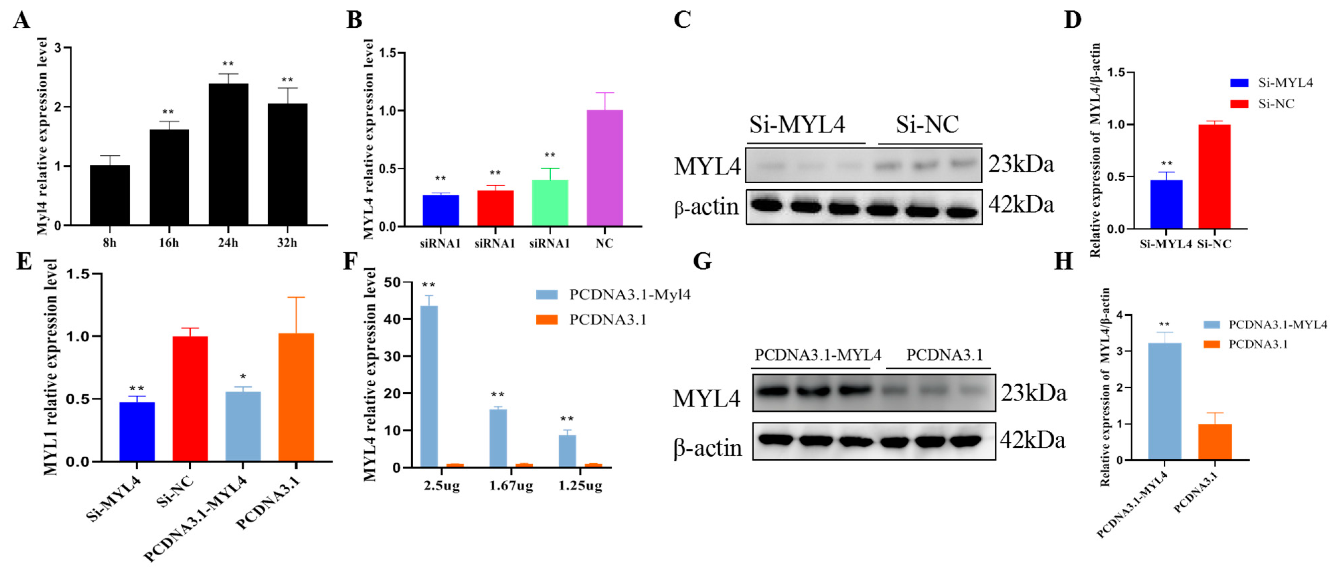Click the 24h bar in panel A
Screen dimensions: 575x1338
point(228,154)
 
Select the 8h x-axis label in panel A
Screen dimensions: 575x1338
point(110,243)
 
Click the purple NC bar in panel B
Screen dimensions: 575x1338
point(605,168)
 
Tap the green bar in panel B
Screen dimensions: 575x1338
point(550,203)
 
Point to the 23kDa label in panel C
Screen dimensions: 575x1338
point(1020,164)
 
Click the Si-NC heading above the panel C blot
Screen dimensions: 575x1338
point(927,125)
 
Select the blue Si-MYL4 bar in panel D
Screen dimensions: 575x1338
point(1166,204)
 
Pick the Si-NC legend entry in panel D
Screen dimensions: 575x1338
point(1275,104)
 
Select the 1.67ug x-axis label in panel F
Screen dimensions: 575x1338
point(511,486)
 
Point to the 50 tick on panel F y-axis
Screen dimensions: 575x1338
point(393,282)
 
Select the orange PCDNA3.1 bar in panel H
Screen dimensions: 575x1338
point(1215,442)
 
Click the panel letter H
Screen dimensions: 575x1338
point(1063,261)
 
